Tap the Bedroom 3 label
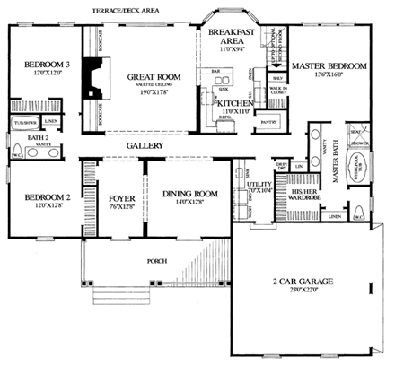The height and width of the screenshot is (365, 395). pyautogui.click(x=40, y=65)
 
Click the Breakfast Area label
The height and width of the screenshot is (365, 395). pyautogui.click(x=226, y=36)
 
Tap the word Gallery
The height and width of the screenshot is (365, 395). pyautogui.click(x=145, y=144)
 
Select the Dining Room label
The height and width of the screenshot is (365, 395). pyautogui.click(x=190, y=192)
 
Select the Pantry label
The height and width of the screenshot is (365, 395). pyautogui.click(x=268, y=118)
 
